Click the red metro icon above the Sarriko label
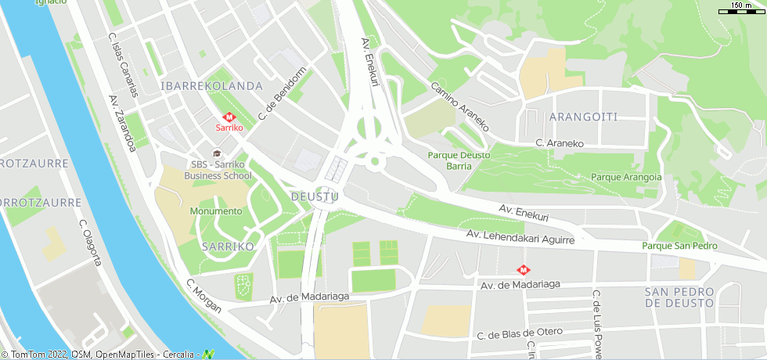click(x=229, y=117)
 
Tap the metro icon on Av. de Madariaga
click(x=522, y=270)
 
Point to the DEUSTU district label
click(x=314, y=196)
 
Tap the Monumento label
click(x=215, y=211)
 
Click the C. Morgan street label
click(x=203, y=295)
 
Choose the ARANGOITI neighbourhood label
click(x=583, y=117)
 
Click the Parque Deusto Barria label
click(x=459, y=160)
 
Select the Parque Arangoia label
click(x=626, y=177)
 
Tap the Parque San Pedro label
click(x=679, y=246)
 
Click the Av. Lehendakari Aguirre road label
click(x=520, y=237)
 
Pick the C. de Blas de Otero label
click(x=520, y=333)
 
